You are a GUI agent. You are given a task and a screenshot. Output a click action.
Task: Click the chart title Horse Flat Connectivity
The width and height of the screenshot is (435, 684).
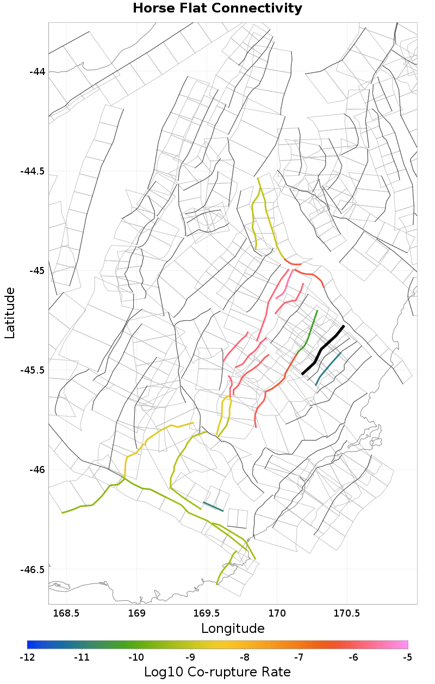[x=217, y=8]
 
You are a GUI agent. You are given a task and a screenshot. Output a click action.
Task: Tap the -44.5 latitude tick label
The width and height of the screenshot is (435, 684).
[x=33, y=171]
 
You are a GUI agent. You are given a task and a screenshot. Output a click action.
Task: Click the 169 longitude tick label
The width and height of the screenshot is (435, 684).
[x=136, y=614]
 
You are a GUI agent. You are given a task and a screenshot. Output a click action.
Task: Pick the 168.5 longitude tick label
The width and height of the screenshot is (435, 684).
[x=66, y=614]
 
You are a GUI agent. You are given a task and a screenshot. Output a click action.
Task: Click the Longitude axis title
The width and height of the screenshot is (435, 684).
[x=233, y=629]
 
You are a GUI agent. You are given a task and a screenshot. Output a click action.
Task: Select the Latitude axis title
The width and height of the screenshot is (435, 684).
[x=10, y=313]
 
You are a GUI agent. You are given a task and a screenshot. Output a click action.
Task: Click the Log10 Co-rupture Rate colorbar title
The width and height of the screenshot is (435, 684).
[x=217, y=672]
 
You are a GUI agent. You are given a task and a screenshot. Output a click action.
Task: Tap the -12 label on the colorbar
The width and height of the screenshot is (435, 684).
[x=27, y=657]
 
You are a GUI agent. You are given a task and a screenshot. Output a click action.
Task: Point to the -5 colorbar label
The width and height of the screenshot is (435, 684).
[x=408, y=657]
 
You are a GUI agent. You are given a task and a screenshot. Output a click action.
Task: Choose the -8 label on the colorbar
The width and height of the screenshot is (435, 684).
[x=245, y=657]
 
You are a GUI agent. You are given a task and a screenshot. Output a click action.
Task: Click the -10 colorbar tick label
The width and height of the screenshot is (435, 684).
[x=136, y=657]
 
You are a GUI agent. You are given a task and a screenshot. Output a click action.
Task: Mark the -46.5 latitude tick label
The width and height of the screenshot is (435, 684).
[x=33, y=569]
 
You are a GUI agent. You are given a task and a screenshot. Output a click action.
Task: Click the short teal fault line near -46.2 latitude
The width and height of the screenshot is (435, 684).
[x=213, y=507]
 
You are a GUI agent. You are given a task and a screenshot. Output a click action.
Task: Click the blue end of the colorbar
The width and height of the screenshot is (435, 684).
[x=30, y=644]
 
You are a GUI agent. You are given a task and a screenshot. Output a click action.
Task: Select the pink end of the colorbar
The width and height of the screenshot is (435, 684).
[x=405, y=644]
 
